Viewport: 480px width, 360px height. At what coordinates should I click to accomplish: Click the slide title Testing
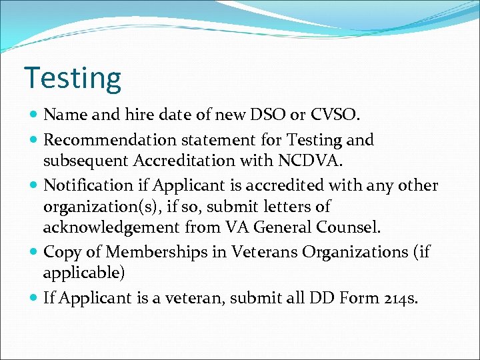click(73, 78)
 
